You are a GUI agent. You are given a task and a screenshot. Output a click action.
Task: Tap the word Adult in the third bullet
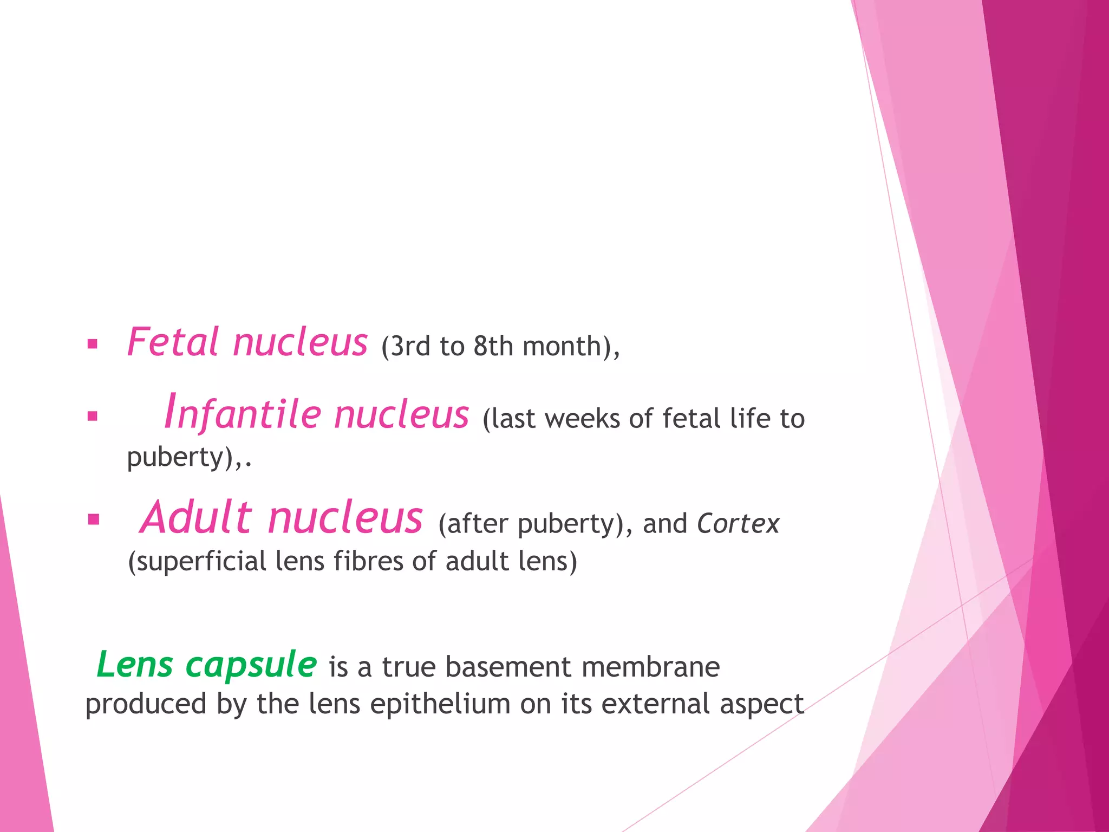click(196, 518)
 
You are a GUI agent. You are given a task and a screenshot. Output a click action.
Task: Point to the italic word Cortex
click(738, 524)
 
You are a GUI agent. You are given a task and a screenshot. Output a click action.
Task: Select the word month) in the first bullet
click(571, 347)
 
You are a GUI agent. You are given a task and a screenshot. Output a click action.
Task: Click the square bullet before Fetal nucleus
click(93, 344)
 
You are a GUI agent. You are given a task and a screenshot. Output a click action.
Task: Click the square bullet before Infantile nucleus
click(93, 417)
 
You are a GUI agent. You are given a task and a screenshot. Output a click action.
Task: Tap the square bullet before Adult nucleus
click(94, 520)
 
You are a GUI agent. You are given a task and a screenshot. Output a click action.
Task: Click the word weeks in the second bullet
click(582, 419)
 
